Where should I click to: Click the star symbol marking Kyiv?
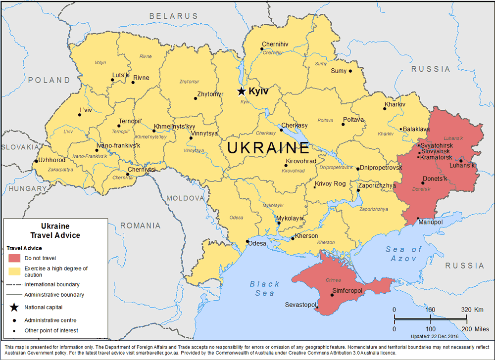(241, 91)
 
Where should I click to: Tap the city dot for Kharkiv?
(385, 109)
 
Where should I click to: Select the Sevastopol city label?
(300, 305)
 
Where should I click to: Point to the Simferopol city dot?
(332, 296)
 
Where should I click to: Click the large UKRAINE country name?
(268, 147)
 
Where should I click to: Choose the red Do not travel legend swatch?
(14, 258)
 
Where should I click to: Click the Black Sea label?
(265, 288)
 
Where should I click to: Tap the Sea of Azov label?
(404, 254)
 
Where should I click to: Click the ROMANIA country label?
(140, 225)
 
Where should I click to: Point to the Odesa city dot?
(247, 241)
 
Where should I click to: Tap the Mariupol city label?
(430, 223)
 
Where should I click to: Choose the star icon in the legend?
(14, 308)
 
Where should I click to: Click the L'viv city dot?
(79, 115)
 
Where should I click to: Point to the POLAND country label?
(49, 80)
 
